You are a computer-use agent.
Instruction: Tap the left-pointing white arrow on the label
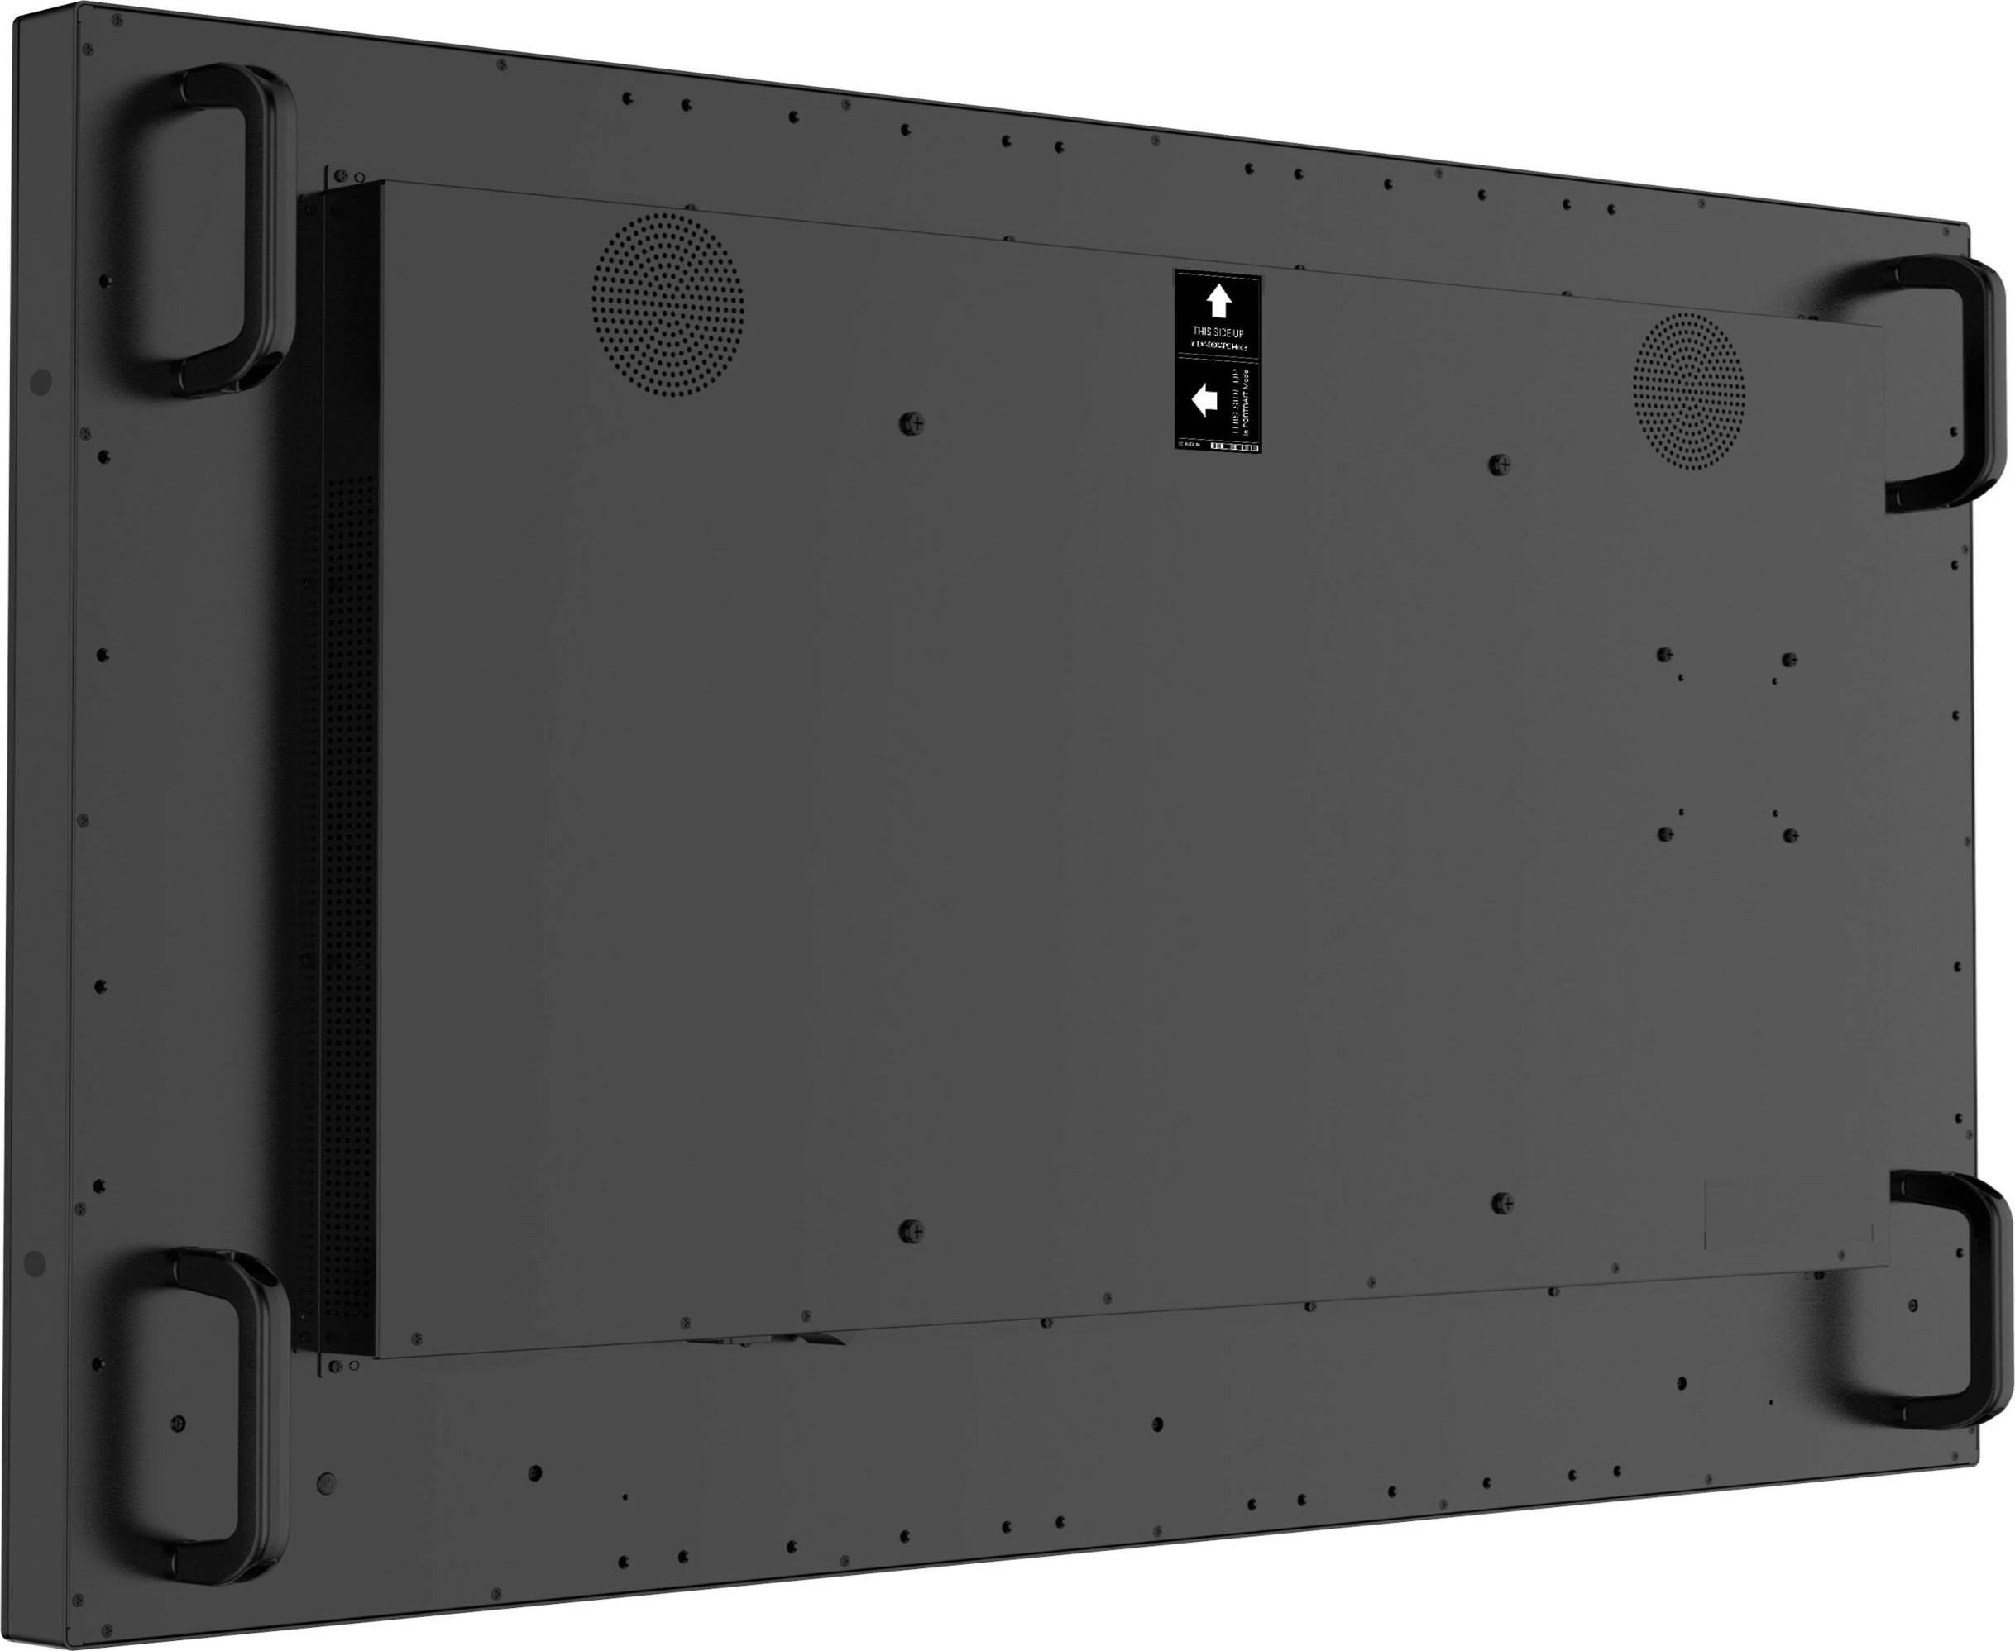tap(1204, 399)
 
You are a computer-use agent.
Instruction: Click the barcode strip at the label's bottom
tap(1233, 446)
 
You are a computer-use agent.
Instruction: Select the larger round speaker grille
tap(668, 304)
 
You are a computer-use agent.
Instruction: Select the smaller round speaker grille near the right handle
tap(1689, 390)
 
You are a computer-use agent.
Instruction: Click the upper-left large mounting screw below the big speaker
tap(912, 422)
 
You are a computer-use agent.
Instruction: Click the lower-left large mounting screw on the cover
tap(911, 1232)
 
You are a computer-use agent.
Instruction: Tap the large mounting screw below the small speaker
tap(1500, 464)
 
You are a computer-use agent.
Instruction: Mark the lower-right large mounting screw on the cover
tap(1502, 1203)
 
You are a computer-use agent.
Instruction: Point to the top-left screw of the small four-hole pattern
tap(1664, 654)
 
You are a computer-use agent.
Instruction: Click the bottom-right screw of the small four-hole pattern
tap(1791, 835)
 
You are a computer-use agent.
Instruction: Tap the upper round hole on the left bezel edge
tap(41, 382)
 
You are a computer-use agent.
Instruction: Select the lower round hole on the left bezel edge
tap(34, 1264)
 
